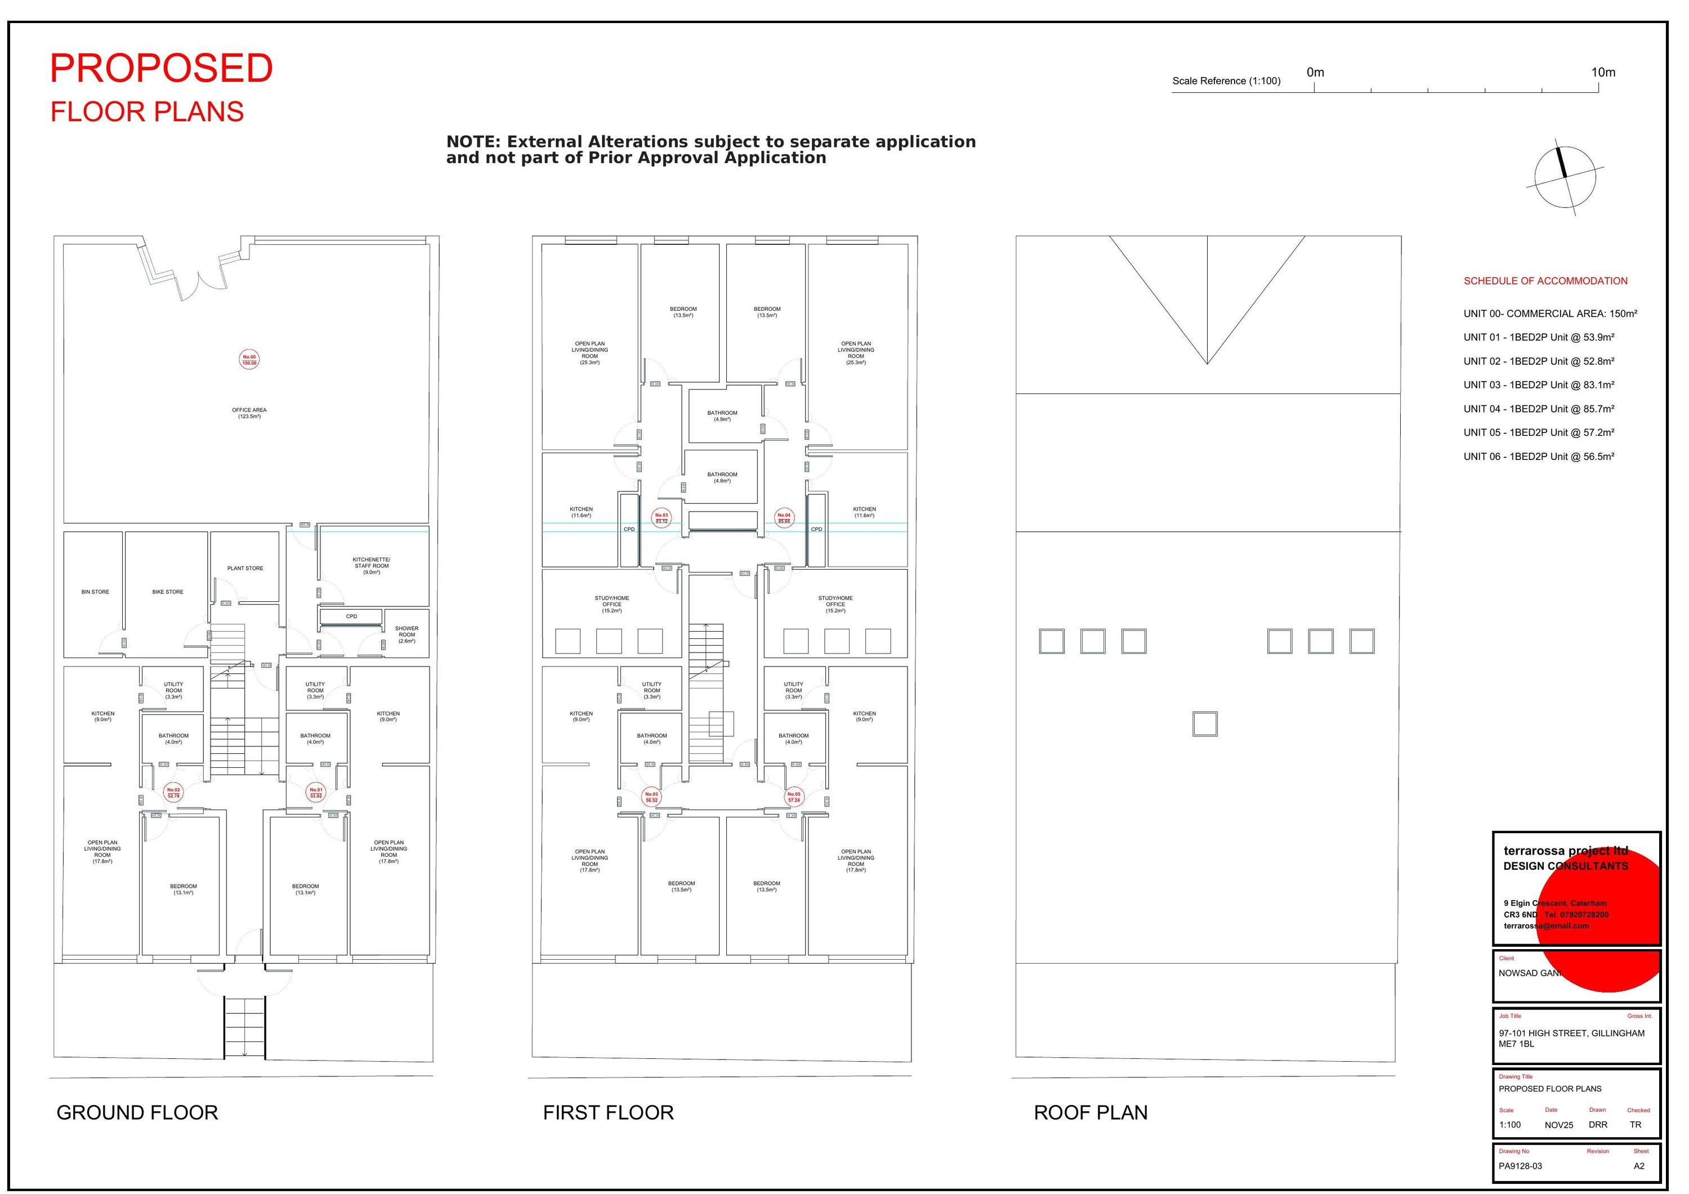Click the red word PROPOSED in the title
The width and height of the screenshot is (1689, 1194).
tap(161, 69)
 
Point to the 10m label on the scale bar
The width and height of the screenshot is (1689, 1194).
tap(1603, 73)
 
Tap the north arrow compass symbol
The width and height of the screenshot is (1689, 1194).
tap(1565, 177)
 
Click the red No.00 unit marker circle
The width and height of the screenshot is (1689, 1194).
tap(249, 360)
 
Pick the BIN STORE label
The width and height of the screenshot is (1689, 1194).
tap(96, 592)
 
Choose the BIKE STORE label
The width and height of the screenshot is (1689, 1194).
tap(168, 592)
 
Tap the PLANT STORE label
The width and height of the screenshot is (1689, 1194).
tap(245, 569)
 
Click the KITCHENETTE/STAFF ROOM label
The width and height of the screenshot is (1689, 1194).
tap(372, 566)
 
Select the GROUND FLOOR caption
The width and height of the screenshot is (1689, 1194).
tap(137, 1113)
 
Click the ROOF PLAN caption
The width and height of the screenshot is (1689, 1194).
tap(1090, 1113)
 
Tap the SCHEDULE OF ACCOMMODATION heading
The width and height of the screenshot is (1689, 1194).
tap(1545, 281)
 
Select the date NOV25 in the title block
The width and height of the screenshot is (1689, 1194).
tap(1559, 1125)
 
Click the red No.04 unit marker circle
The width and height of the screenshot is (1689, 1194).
tap(784, 518)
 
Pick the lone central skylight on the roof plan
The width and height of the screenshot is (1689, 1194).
tap(1205, 724)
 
